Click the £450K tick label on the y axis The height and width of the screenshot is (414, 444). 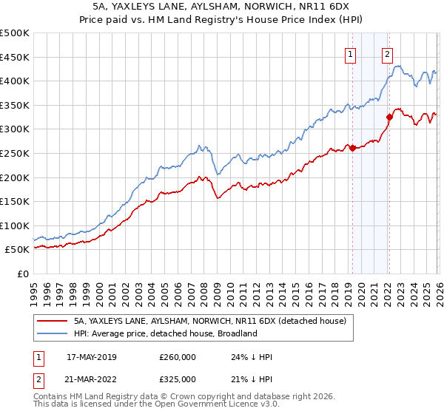tap(15, 57)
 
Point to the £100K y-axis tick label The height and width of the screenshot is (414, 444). tap(15, 225)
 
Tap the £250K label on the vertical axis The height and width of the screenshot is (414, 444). tap(15, 153)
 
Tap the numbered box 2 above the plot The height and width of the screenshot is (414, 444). tap(388, 53)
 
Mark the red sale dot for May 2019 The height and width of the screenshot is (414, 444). tap(352, 148)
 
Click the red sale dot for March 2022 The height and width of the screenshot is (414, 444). tap(389, 116)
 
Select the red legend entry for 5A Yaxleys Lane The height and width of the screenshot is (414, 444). tap(215, 322)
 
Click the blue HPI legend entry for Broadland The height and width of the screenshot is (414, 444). tap(165, 333)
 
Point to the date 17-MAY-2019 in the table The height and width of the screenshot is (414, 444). tap(92, 357)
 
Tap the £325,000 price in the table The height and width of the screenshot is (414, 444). tap(178, 379)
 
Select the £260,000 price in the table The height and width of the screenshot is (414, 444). tap(178, 357)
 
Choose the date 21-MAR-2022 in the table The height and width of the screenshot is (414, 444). tap(92, 379)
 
